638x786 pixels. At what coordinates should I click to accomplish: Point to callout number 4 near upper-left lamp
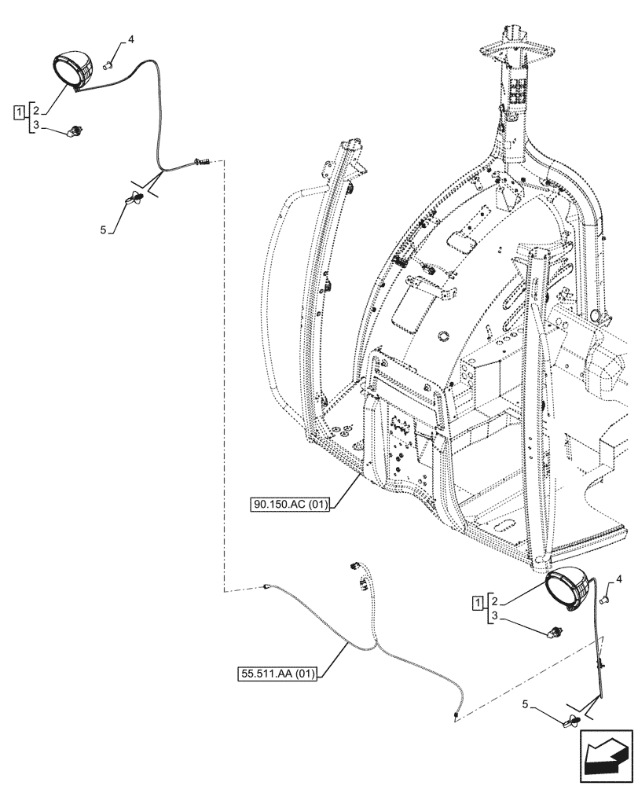click(x=131, y=39)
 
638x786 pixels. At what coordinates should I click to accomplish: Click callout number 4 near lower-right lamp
click(x=618, y=580)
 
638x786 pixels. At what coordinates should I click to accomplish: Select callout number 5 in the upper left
click(x=103, y=230)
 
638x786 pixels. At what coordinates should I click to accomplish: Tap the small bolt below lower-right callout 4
click(x=606, y=600)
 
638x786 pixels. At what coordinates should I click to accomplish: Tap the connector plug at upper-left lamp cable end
click(x=200, y=163)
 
